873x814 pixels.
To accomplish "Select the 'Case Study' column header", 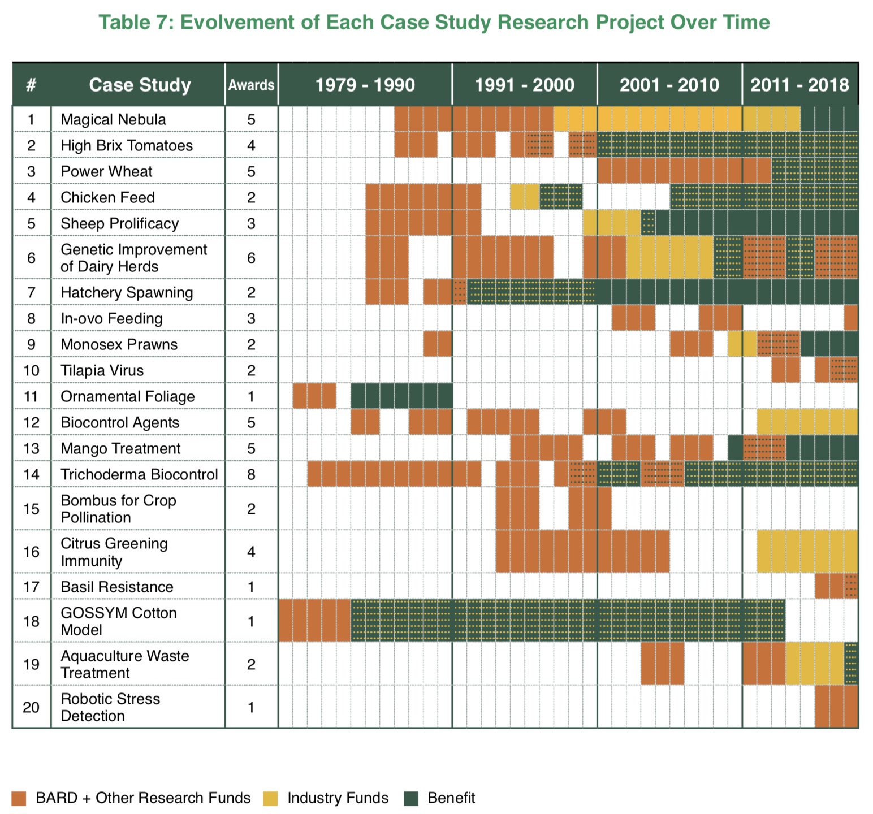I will [140, 85].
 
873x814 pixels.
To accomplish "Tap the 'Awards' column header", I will [251, 85].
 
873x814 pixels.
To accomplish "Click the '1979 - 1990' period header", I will [365, 85].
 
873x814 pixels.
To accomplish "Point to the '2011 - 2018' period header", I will [799, 85].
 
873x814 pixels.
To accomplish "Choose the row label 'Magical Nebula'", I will [113, 119].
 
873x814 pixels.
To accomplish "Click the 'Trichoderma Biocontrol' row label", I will [139, 474].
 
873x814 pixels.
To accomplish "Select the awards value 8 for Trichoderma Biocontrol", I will [251, 474].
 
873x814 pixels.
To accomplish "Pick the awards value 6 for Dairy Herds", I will [251, 258].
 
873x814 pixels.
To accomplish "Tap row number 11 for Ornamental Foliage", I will [31, 396].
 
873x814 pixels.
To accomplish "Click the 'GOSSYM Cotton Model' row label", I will [118, 621].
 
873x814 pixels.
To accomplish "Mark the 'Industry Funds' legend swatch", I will [270, 798].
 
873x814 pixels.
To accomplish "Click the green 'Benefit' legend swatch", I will [411, 798].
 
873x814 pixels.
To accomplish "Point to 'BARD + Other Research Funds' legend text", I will [142, 798].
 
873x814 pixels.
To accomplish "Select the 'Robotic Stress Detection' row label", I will [110, 707].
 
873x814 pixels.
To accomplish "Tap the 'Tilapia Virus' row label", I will [102, 370].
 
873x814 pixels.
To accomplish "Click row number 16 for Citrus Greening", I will [31, 552].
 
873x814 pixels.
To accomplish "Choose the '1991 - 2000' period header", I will [524, 85].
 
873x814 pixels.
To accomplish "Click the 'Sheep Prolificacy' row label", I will [119, 223].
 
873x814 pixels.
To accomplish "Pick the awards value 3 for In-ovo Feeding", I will [251, 318].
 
